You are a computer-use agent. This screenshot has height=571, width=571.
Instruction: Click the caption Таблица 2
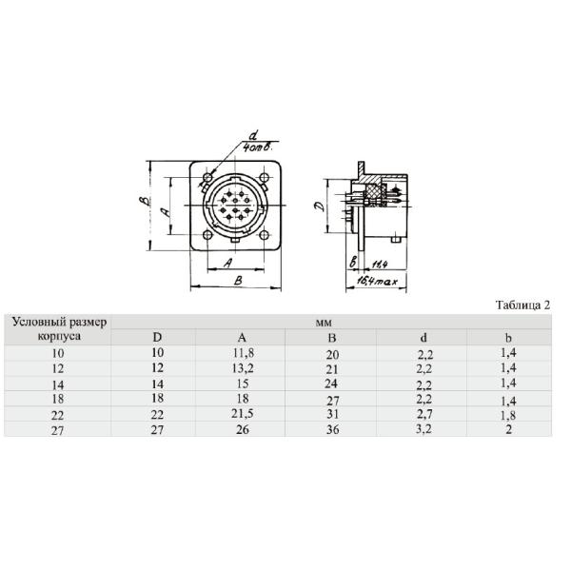click(x=522, y=305)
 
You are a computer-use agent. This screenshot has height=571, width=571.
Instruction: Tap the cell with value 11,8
click(x=242, y=352)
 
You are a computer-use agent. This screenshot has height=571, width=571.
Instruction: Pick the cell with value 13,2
click(x=242, y=368)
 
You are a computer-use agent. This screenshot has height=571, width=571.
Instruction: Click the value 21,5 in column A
click(x=242, y=416)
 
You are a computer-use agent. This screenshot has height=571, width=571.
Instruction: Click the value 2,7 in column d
click(x=423, y=416)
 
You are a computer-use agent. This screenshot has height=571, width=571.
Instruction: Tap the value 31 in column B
click(x=332, y=416)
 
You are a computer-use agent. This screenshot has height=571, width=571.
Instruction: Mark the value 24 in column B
click(x=332, y=384)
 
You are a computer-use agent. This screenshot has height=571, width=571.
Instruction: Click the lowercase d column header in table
click(x=423, y=337)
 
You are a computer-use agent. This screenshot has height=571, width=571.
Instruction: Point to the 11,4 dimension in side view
click(x=380, y=263)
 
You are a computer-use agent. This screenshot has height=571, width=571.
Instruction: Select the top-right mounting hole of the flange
click(x=263, y=178)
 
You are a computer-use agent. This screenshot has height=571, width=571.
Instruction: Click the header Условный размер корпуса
click(x=59, y=329)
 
